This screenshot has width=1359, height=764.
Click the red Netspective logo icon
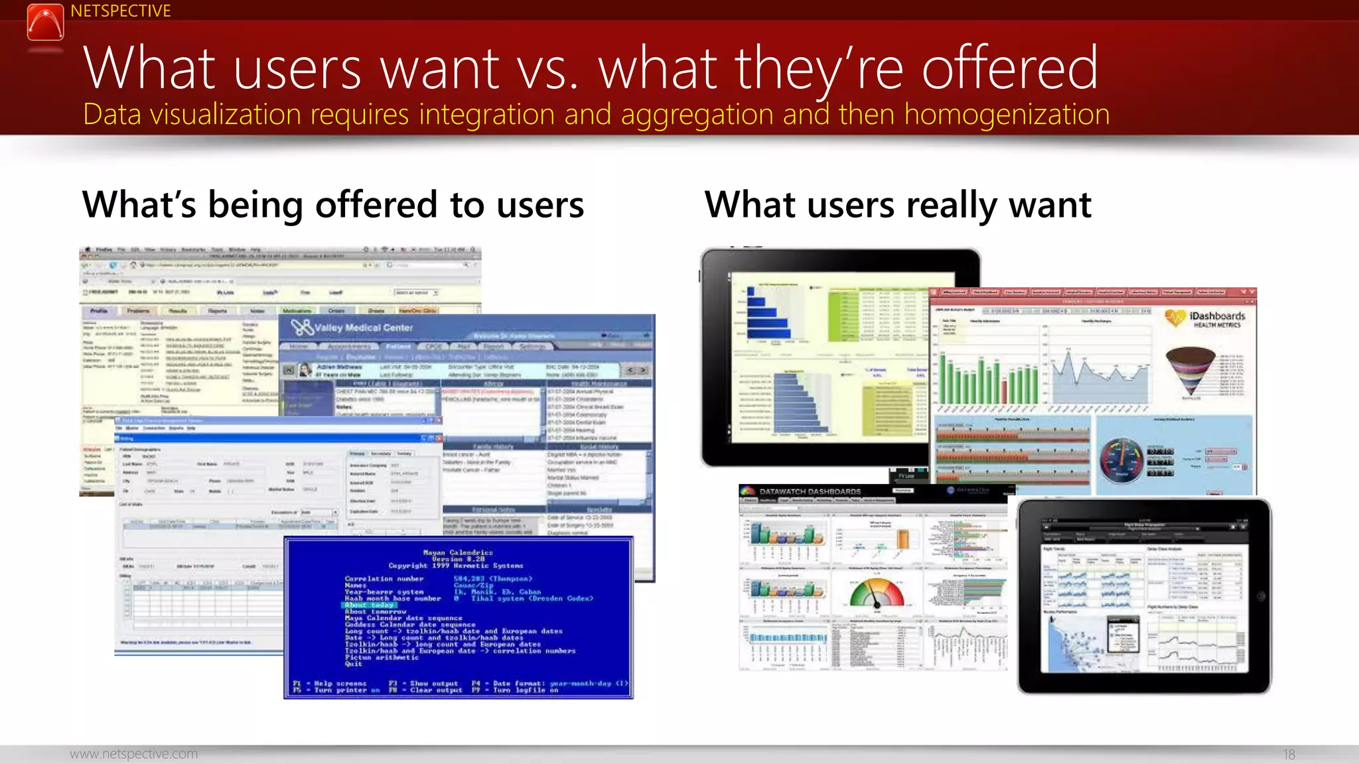45,22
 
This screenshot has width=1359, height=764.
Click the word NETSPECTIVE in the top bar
120,11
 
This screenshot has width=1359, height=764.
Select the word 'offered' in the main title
1009,68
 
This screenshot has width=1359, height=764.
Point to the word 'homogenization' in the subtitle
1007,115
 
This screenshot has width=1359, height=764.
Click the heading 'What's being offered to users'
332,204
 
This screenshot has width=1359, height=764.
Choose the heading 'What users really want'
897,204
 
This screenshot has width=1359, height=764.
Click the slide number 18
1289,754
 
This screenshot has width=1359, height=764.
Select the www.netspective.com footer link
134,754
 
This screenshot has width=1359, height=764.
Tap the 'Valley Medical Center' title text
363,328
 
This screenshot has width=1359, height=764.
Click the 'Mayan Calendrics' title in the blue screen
458,552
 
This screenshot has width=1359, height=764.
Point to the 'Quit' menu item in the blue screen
354,664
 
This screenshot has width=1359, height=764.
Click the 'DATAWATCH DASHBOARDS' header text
810,491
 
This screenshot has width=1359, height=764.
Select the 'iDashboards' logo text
1217,316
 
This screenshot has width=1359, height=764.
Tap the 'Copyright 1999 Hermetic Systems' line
456,566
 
